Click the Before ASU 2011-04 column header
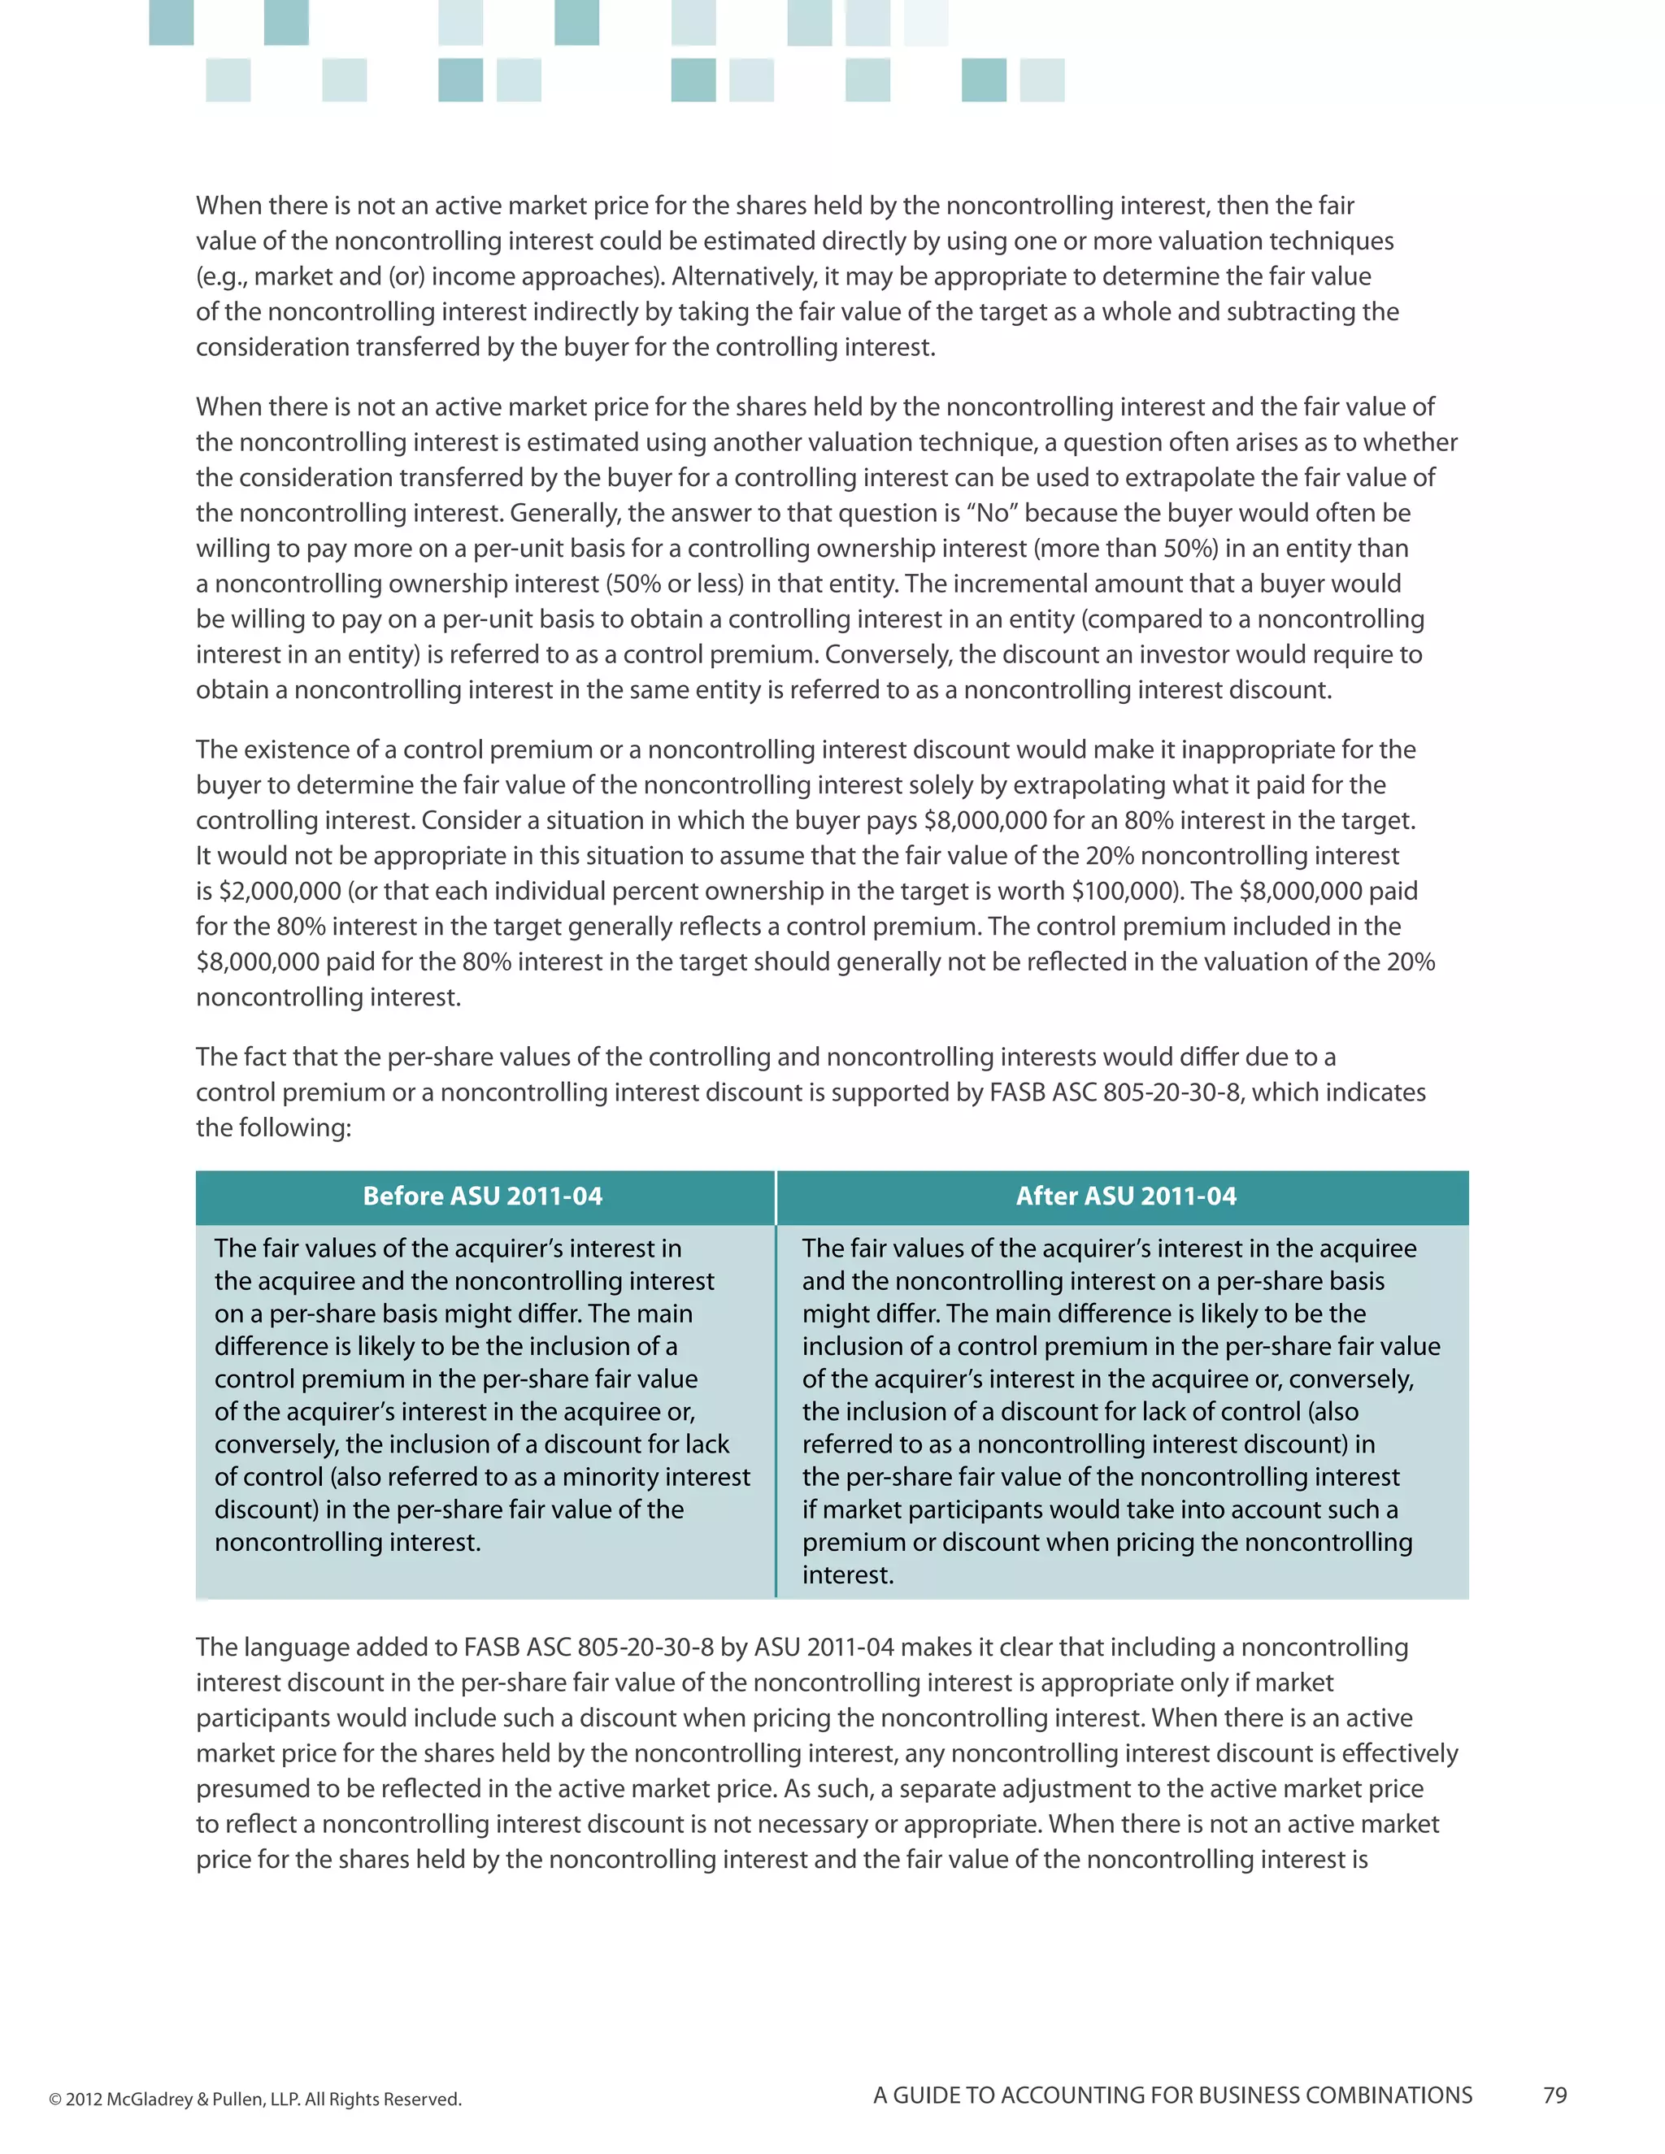point(482,1196)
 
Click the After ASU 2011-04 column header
point(1125,1196)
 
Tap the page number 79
point(1554,2095)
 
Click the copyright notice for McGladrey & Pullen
point(255,2099)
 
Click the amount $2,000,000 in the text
point(280,892)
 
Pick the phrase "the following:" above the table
point(273,1127)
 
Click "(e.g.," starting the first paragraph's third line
point(221,277)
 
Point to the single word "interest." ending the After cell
point(847,1575)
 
